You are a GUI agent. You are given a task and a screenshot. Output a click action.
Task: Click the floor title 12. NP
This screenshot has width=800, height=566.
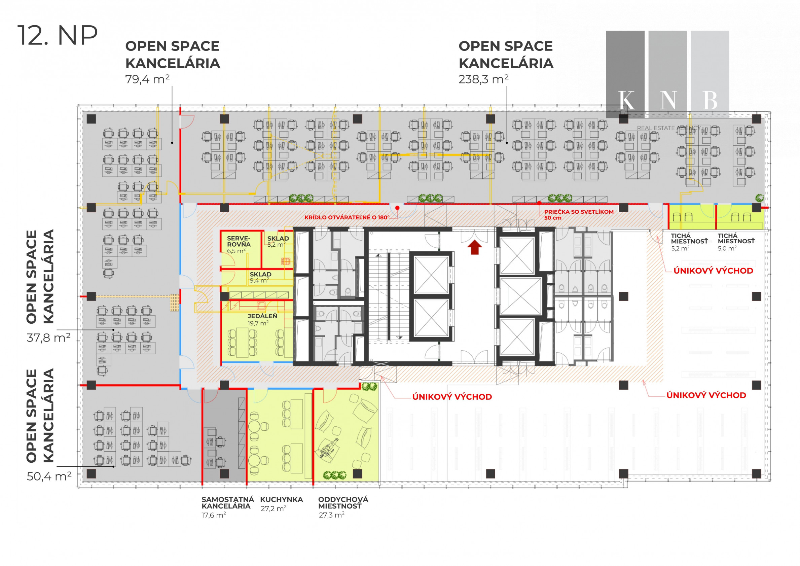point(58,35)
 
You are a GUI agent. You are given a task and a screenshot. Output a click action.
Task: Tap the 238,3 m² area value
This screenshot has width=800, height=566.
point(483,79)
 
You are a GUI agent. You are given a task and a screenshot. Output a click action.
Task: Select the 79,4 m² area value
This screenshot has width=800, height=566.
point(147,79)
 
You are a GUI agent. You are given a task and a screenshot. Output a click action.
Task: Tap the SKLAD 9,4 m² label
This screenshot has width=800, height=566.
point(260,277)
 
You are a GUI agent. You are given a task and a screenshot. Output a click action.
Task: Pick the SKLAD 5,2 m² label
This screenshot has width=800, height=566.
point(278,241)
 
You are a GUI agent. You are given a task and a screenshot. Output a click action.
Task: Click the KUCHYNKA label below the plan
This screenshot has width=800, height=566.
point(282,504)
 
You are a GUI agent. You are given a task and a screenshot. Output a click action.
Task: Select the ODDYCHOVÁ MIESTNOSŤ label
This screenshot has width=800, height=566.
point(343,507)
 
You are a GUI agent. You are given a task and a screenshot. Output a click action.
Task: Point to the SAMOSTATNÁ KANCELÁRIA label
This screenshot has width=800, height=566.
point(228,507)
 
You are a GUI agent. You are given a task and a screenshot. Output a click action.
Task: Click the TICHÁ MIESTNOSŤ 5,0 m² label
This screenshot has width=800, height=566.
point(736,242)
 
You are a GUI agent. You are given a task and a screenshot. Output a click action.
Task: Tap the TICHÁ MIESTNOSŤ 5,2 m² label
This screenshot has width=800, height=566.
point(690,242)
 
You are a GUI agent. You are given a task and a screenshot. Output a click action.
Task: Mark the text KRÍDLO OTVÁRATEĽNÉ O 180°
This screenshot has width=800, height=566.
point(347,217)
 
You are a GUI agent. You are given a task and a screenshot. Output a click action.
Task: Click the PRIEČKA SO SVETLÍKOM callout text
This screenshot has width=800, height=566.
point(579,215)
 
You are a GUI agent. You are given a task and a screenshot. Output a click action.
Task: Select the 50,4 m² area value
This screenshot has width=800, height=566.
point(49,476)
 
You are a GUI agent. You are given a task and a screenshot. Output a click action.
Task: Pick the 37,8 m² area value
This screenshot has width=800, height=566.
point(48,338)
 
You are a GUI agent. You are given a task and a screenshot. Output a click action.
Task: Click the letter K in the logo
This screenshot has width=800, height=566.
point(626,100)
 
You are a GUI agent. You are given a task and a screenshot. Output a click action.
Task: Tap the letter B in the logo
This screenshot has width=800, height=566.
point(711,100)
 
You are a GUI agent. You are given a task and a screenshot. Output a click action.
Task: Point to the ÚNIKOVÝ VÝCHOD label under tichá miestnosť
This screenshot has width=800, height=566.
point(713,271)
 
